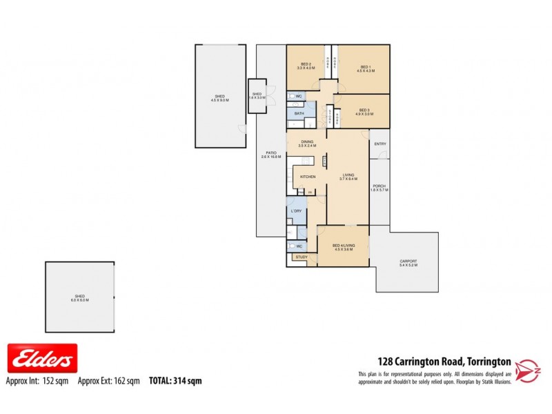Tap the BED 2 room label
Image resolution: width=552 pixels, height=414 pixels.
(306, 66)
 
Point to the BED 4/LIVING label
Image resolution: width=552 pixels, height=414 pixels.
(343, 247)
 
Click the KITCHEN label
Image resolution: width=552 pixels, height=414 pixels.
(308, 177)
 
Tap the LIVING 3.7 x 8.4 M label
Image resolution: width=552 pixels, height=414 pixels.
(348, 177)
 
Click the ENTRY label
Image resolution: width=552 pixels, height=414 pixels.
(379, 144)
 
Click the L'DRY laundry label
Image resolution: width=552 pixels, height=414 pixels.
(297, 210)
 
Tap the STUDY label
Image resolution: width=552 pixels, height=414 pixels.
(302, 257)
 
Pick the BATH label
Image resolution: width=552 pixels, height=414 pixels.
(299, 113)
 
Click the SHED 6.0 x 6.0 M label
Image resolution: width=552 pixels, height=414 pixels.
(79, 297)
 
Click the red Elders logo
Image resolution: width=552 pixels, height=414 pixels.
(42, 359)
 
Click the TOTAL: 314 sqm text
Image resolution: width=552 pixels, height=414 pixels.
(175, 380)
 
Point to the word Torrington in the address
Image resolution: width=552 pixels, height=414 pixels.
(489, 361)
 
